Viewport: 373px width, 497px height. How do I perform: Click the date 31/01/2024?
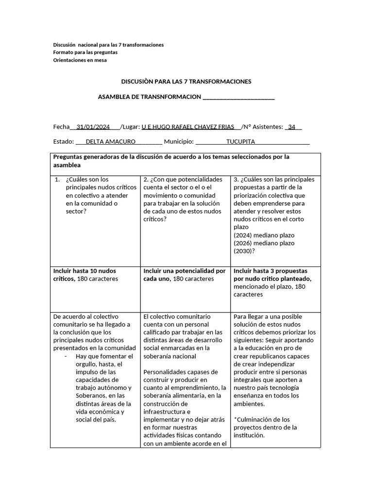[93, 127]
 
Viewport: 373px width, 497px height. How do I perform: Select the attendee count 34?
[291, 127]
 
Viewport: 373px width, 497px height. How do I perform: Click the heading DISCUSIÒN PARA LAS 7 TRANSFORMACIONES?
[186, 82]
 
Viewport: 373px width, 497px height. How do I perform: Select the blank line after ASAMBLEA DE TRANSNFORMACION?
[238, 97]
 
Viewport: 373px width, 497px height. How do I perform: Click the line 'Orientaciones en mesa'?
[80, 60]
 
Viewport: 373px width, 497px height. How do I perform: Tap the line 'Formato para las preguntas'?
[85, 52]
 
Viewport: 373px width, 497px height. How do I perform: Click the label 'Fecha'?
[61, 127]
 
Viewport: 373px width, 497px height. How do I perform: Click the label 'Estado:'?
[63, 142]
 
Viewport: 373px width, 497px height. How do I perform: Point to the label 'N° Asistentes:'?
[262, 127]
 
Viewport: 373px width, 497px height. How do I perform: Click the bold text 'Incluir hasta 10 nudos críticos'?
[85, 275]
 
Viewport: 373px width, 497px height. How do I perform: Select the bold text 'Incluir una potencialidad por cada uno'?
[185, 275]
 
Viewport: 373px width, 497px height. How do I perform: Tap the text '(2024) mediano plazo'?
[264, 235]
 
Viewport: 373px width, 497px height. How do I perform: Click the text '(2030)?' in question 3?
[244, 251]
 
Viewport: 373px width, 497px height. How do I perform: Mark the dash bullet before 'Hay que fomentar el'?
[66, 356]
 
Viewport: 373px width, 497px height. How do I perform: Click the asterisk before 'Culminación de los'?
[236, 419]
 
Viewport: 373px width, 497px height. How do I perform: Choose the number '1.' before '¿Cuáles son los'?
[57, 180]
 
